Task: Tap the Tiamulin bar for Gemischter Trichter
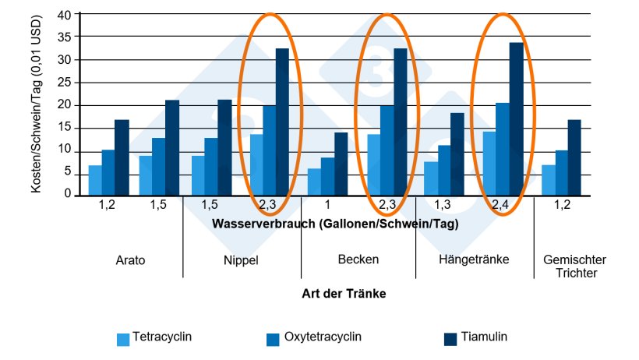(x=574, y=157)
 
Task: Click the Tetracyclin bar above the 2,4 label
(x=489, y=164)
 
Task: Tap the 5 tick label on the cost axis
(x=68, y=172)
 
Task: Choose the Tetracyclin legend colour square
(x=123, y=339)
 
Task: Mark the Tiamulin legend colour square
(x=450, y=339)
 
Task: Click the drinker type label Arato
(x=130, y=259)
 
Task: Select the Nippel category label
(x=242, y=259)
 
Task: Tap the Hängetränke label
(x=475, y=259)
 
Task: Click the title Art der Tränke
(x=344, y=294)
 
